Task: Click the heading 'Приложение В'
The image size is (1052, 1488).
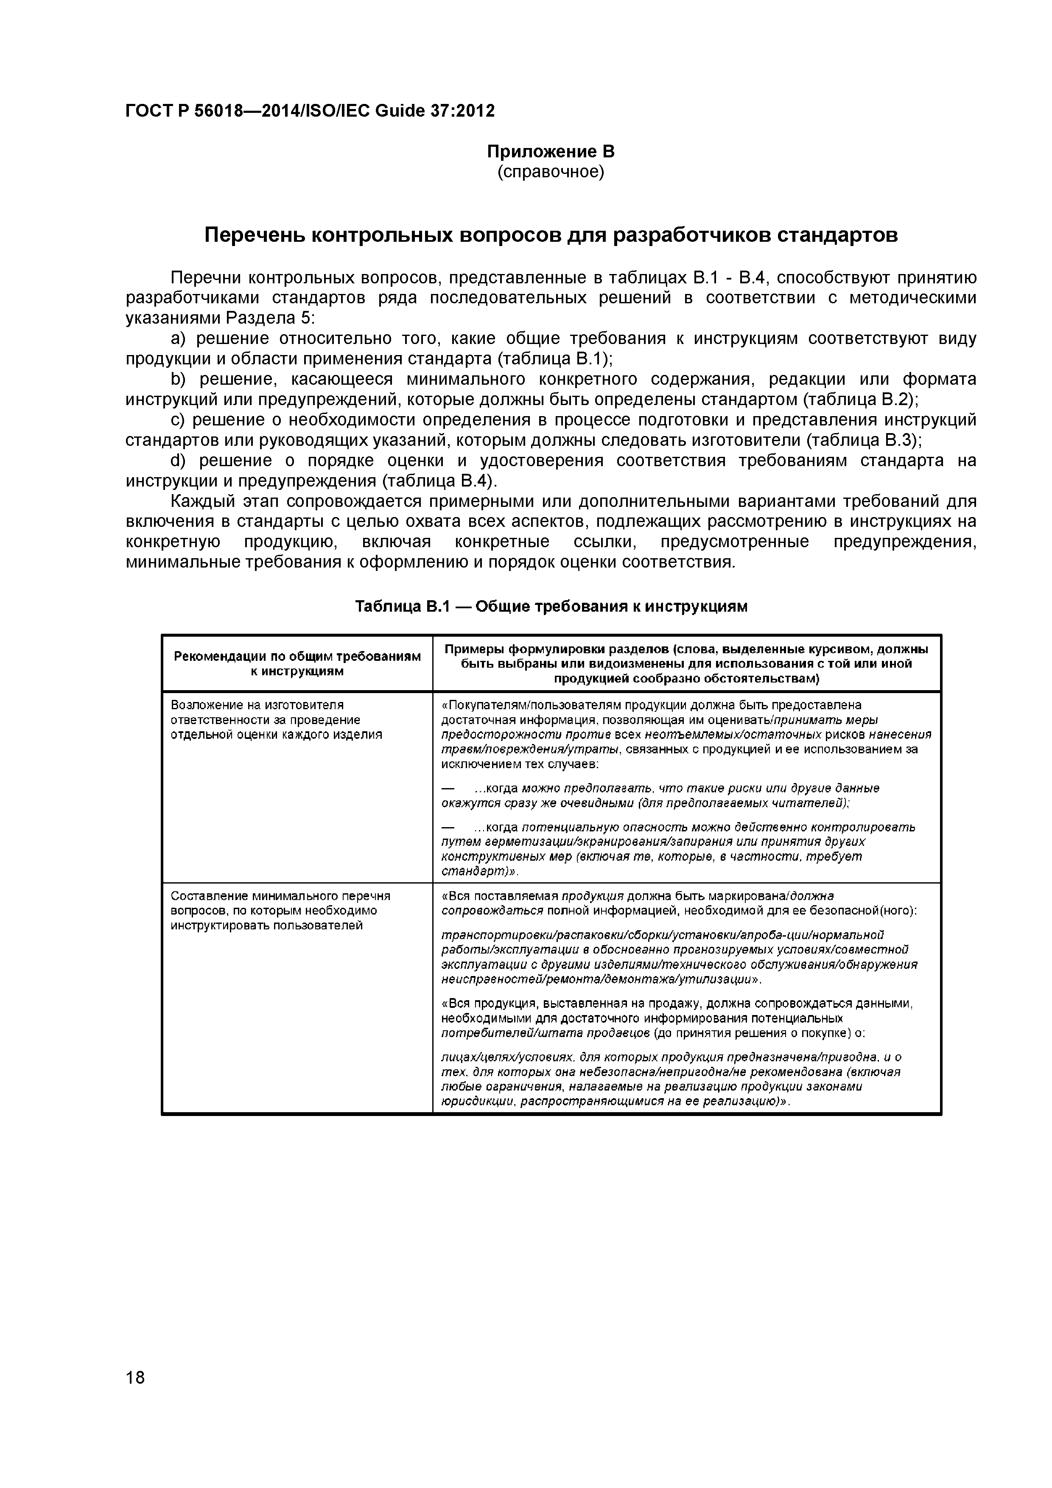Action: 550,152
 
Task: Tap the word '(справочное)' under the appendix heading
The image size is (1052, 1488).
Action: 550,172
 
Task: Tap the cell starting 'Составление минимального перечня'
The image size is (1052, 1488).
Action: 280,911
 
